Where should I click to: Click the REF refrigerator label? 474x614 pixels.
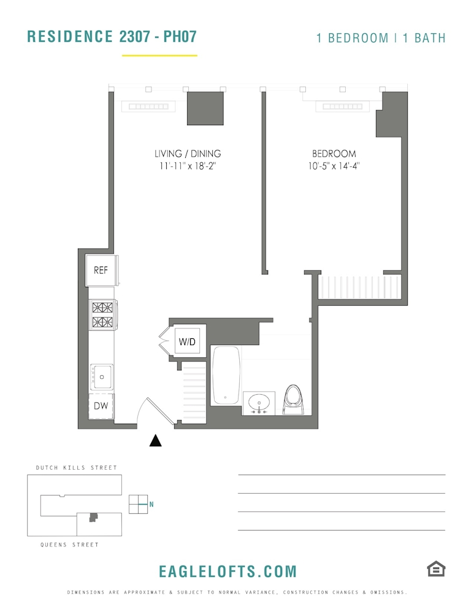[101, 270]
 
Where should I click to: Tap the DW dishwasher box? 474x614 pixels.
[101, 406]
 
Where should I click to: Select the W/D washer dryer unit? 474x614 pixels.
[187, 342]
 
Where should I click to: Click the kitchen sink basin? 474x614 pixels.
[102, 376]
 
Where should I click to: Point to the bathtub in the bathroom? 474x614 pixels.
[226, 375]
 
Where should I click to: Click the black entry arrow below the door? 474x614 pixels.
[156, 440]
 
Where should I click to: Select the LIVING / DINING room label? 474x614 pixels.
[188, 154]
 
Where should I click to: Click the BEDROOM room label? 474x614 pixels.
[334, 154]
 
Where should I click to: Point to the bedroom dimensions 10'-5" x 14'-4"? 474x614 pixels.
[334, 167]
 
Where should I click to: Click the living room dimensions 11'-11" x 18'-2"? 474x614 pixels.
[188, 167]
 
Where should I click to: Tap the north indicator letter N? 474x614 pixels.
[151, 505]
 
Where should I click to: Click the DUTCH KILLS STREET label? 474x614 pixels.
[76, 468]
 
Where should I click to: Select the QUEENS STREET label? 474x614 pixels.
[69, 545]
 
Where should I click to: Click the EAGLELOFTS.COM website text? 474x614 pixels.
[227, 572]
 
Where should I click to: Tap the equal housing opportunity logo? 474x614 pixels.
[436, 569]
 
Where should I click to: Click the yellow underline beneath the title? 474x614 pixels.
[159, 55]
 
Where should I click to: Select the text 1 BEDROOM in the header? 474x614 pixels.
[352, 38]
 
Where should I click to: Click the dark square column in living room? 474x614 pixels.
[205, 108]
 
